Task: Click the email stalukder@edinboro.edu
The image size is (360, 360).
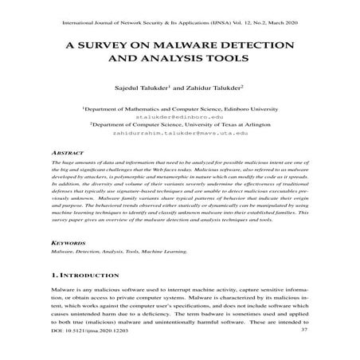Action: point(179,115)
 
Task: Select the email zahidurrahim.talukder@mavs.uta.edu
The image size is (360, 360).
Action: point(179,134)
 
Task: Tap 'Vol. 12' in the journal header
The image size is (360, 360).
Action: point(239,21)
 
